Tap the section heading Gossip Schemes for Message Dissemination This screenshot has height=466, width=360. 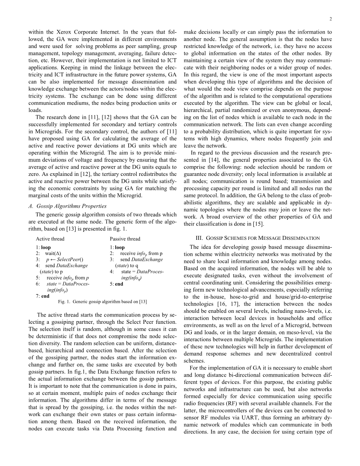(257, 238)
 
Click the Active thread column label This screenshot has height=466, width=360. (50, 239)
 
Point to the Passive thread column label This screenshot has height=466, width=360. (125, 239)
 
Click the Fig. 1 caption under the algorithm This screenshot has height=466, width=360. (102, 301)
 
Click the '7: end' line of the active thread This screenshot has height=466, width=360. (43, 296)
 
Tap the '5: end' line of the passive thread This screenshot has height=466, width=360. (116, 284)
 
